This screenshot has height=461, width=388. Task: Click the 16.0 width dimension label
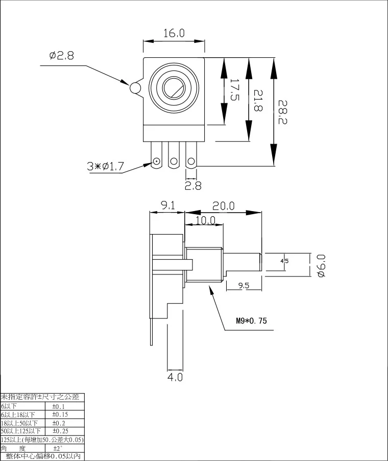174,33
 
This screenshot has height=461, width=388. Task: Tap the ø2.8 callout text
62,55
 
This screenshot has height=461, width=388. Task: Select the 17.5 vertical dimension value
234,89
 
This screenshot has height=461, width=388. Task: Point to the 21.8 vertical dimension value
258,100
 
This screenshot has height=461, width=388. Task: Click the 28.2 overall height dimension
282,112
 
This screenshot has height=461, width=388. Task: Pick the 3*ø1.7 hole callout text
106,167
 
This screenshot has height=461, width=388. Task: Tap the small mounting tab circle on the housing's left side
135,87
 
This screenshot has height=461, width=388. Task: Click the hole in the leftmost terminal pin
157,161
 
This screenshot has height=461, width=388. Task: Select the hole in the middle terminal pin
174,161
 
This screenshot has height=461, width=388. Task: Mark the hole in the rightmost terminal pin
191,161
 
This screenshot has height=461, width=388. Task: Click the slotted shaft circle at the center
174,87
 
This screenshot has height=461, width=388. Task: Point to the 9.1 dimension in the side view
168,205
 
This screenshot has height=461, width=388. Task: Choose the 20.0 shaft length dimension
224,206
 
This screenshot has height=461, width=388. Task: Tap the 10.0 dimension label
206,220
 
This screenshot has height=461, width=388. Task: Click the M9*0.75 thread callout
251,320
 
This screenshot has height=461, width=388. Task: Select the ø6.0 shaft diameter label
321,266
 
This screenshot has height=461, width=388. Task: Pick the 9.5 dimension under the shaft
244,285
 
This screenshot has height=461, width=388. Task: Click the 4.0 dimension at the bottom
175,377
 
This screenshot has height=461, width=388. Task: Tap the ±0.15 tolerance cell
60,414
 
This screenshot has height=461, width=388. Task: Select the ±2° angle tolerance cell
57,449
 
